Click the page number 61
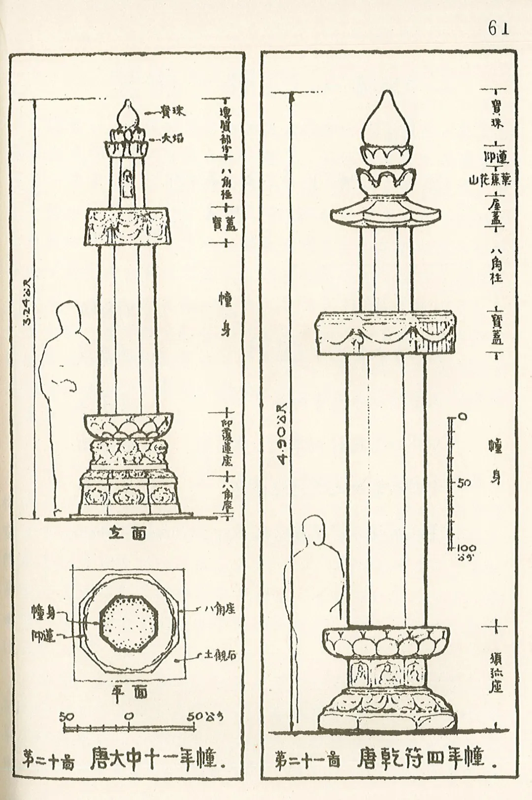point(498,29)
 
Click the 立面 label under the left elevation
point(127,533)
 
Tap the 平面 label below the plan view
point(127,692)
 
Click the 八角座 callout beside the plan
point(220,609)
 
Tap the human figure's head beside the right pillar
point(314,528)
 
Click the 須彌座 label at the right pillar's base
point(496,672)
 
